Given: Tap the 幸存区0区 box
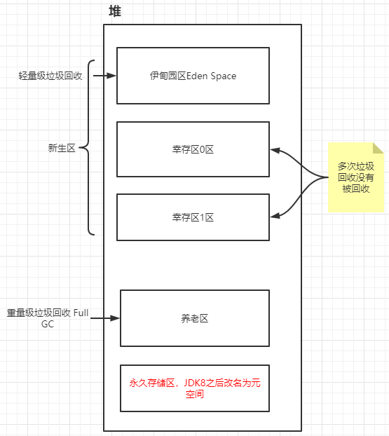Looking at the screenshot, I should click(x=193, y=149).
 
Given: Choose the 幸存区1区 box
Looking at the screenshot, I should click(x=193, y=218).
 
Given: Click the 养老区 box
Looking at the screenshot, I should click(x=195, y=318).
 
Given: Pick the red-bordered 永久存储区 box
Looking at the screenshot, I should click(x=195, y=388).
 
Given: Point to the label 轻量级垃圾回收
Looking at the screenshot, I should click(x=50, y=76).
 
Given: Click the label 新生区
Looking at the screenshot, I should click(x=62, y=148).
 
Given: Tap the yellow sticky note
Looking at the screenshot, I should click(x=356, y=177).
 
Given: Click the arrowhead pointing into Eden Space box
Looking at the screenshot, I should click(x=111, y=76).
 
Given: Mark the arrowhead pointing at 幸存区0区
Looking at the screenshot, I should click(x=275, y=149).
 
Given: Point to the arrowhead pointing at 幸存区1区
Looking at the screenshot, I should click(x=275, y=216).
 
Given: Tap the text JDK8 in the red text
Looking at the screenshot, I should click(x=196, y=383).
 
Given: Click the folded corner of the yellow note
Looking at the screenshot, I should click(x=378, y=148).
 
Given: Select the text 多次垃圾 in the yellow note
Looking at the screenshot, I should click(x=356, y=166).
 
